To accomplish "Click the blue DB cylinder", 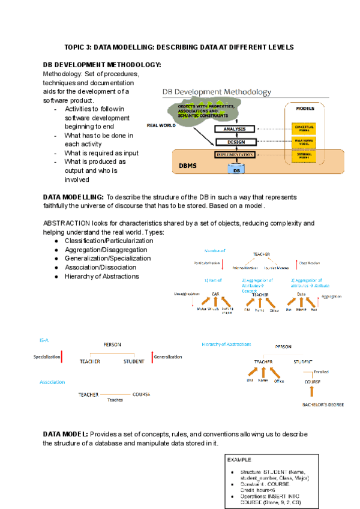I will tap(237, 170).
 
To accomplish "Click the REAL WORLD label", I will tap(161, 125).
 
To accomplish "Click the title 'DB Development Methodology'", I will tap(217, 92).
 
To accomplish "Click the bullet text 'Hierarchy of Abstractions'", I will tap(101, 276).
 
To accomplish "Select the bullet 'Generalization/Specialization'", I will tap(107, 258).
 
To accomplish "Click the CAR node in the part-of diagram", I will tap(215, 294).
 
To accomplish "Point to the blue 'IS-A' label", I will tap(44, 340).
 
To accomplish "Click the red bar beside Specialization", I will tap(62, 357).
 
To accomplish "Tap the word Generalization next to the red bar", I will tap(168, 357).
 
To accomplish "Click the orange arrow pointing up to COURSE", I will tap(311, 392).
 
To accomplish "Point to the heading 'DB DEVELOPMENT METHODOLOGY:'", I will tap(101, 65).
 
